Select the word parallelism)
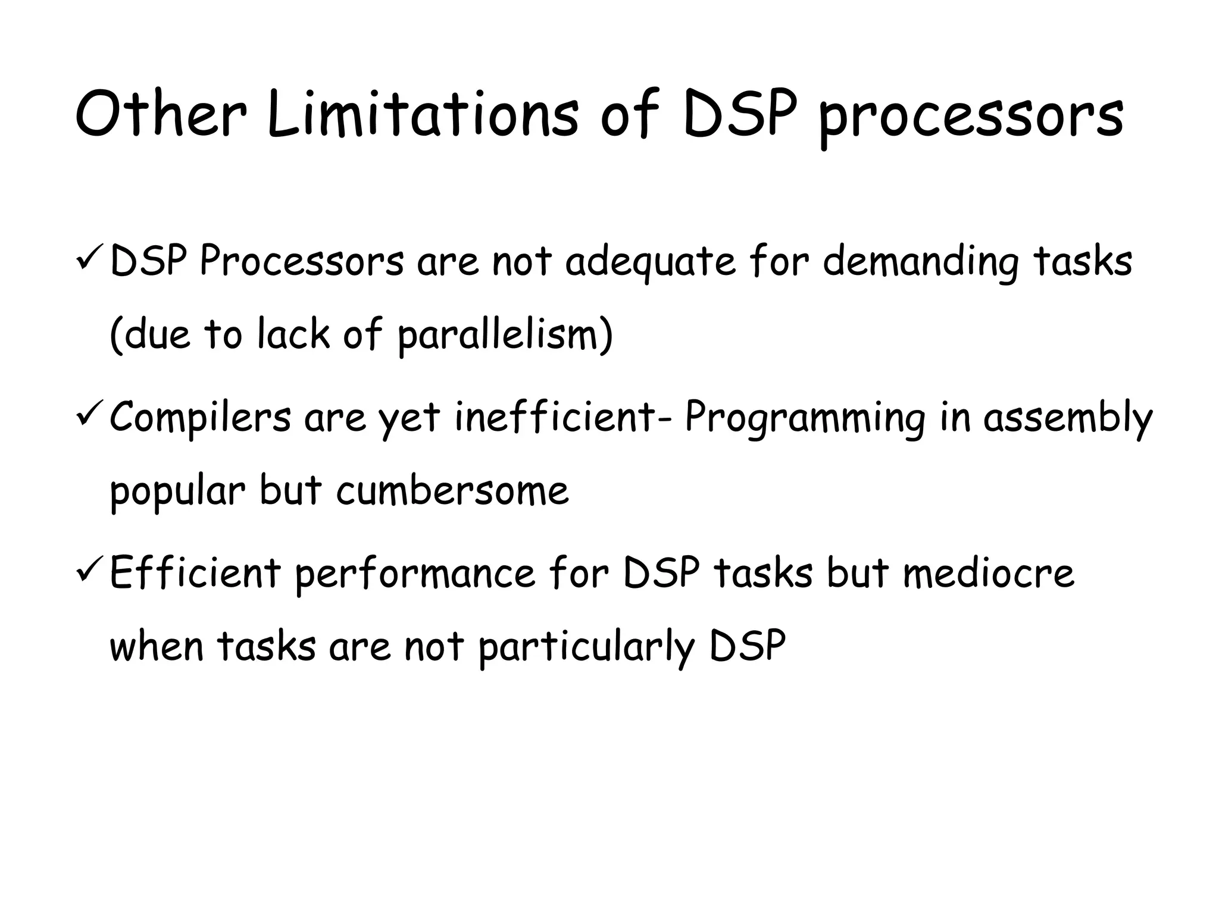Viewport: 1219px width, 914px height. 505,336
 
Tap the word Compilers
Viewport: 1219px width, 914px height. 201,418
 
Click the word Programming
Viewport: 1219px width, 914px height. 805,420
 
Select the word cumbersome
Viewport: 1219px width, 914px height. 452,492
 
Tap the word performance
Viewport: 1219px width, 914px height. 415,575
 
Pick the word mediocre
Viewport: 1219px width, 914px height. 989,573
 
